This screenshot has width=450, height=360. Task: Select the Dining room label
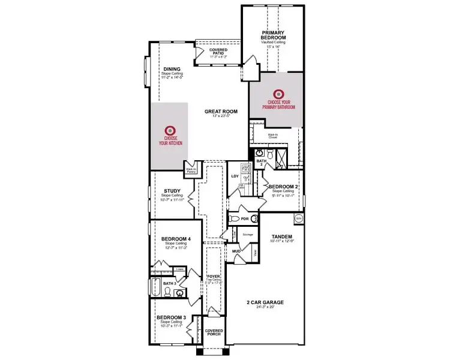(172, 69)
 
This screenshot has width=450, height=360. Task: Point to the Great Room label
(221, 111)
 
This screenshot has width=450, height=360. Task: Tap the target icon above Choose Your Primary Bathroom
(277, 94)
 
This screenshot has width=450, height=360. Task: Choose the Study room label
(172, 191)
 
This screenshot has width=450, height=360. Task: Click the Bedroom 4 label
(176, 239)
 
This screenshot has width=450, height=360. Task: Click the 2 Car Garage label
(265, 302)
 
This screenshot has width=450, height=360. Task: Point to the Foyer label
(214, 276)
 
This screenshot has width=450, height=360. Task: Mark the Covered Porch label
(214, 332)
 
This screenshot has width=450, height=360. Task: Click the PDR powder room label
(244, 219)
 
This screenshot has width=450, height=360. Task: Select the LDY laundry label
(235, 176)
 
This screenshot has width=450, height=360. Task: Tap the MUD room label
(236, 250)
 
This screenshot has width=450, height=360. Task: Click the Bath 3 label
(169, 283)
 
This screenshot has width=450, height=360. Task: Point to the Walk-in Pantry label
(191, 170)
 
